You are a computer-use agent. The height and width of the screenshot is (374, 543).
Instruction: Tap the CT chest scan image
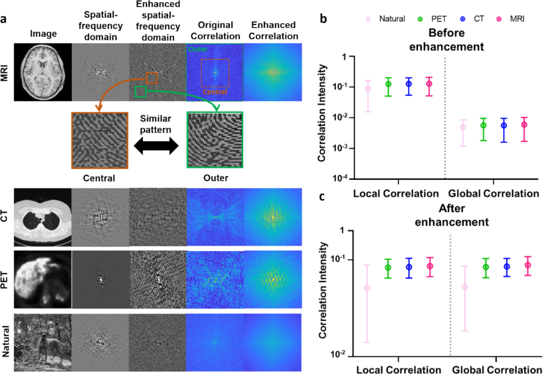[43, 216]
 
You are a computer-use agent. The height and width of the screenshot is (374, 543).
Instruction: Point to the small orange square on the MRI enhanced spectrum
[152, 77]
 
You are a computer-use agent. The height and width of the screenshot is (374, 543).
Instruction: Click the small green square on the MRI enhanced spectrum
[141, 92]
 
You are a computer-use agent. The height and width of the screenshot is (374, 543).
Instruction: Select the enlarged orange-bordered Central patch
[99, 140]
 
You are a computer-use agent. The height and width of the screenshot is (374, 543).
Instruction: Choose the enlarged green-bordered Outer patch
[214, 140]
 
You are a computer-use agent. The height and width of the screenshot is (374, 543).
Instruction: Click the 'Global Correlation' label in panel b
[493, 193]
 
